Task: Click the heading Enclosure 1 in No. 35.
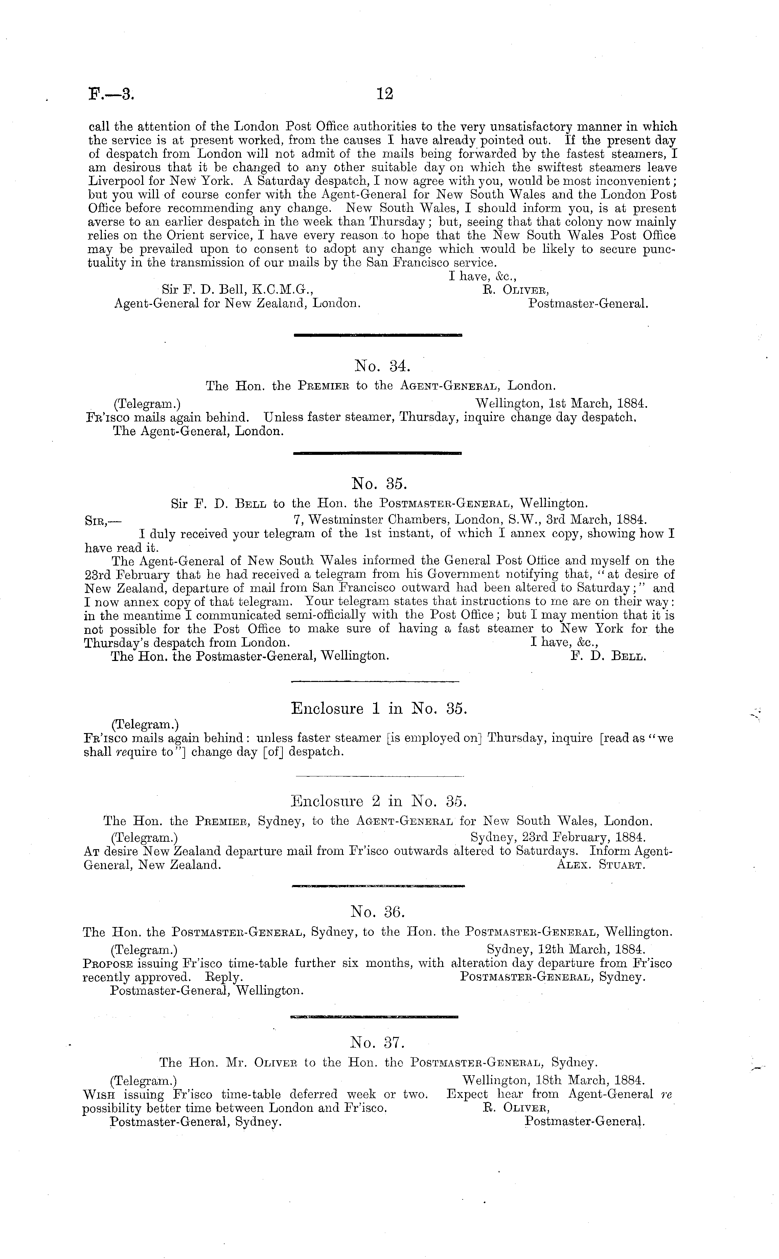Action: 379,709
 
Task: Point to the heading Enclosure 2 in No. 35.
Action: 379,801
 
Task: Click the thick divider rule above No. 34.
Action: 377,335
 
